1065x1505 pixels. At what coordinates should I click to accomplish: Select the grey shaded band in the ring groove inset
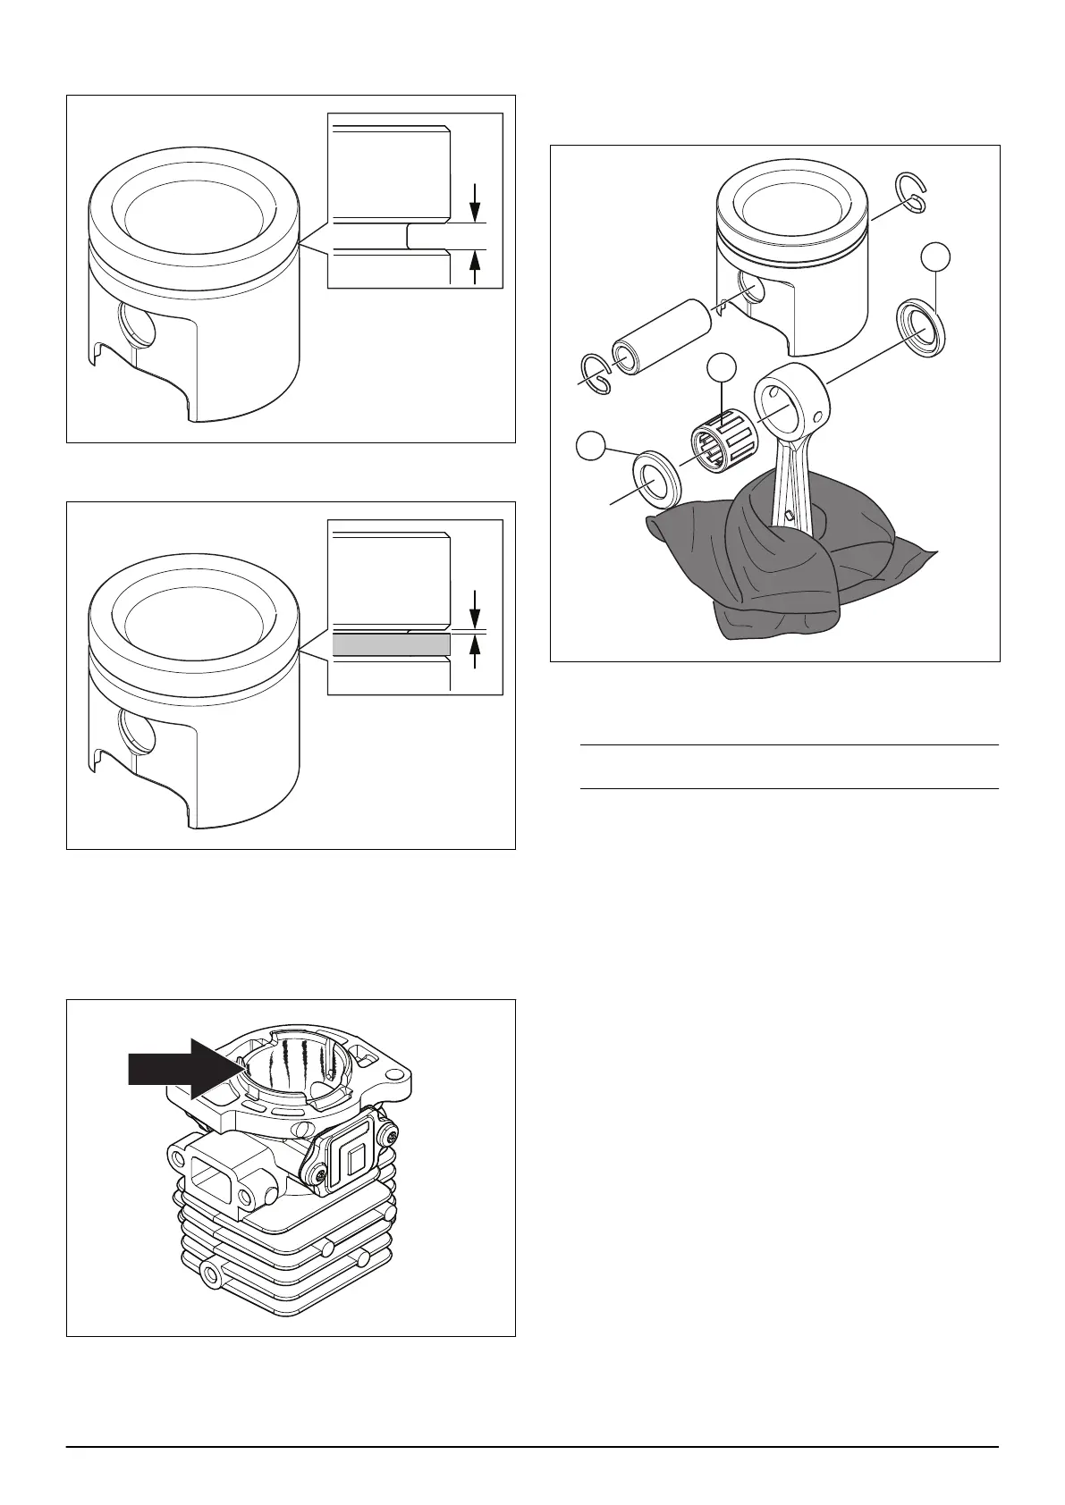[390, 644]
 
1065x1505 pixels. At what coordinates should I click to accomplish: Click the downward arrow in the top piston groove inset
[475, 198]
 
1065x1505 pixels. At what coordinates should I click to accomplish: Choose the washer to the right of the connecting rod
[921, 330]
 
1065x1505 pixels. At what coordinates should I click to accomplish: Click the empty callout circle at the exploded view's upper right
[935, 256]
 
